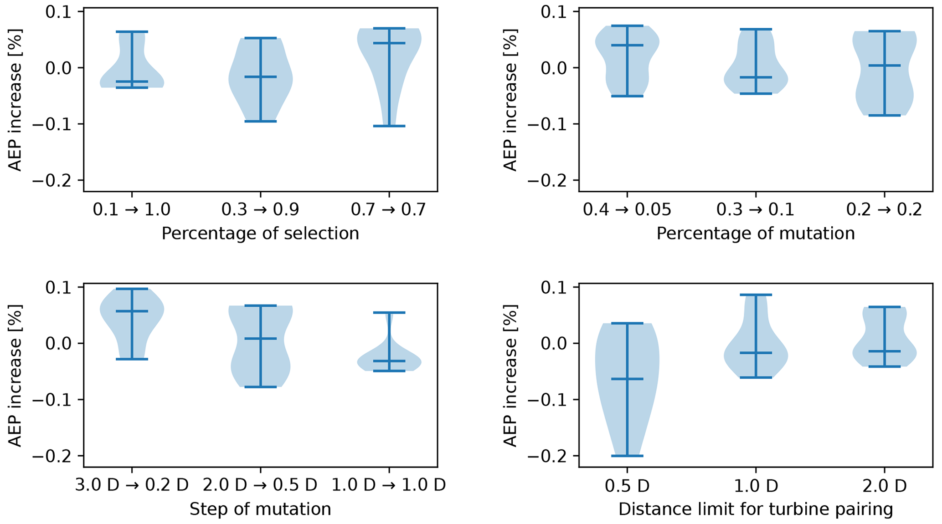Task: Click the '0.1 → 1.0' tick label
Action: (132, 210)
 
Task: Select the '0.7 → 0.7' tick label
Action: (389, 210)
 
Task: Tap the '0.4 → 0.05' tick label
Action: (627, 210)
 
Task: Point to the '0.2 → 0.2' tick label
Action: (884, 210)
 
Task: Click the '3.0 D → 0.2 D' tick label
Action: (132, 485)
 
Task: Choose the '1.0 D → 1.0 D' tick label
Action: (389, 485)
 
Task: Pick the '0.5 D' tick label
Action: (627, 486)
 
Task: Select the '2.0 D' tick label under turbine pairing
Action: (884, 486)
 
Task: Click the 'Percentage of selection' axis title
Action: (260, 234)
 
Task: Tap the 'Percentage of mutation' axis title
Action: (755, 234)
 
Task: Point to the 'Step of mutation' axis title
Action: (260, 509)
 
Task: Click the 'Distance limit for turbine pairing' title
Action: (755, 509)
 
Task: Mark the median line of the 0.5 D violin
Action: (627, 379)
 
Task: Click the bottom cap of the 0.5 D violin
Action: (627, 456)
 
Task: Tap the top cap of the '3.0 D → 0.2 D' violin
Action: (132, 289)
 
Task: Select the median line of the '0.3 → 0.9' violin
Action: (260, 77)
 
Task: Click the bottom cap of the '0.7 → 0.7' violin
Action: (389, 126)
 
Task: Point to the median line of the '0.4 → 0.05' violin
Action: (627, 45)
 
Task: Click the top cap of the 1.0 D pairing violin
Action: (756, 295)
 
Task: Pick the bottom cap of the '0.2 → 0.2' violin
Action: (884, 116)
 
